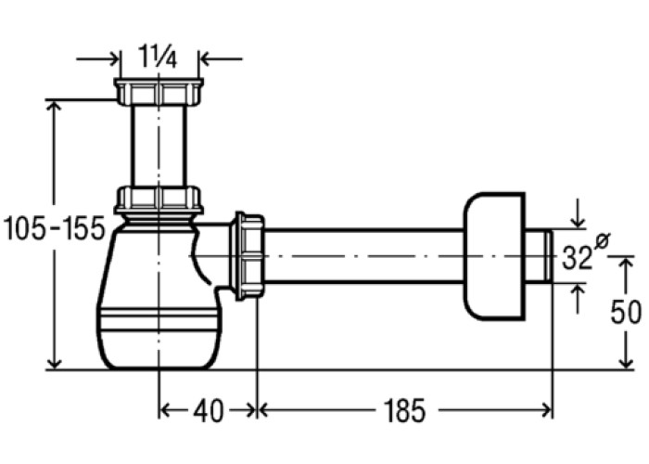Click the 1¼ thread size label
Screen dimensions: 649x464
[159, 58]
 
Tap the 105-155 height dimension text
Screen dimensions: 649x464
[54, 228]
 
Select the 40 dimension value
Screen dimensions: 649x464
[209, 411]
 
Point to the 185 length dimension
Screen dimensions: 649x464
[404, 411]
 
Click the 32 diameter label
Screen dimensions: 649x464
[577, 258]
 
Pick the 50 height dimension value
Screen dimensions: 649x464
[626, 312]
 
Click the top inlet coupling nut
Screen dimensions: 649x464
[159, 91]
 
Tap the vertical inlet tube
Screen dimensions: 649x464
[159, 146]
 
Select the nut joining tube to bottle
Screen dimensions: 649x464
[159, 200]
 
